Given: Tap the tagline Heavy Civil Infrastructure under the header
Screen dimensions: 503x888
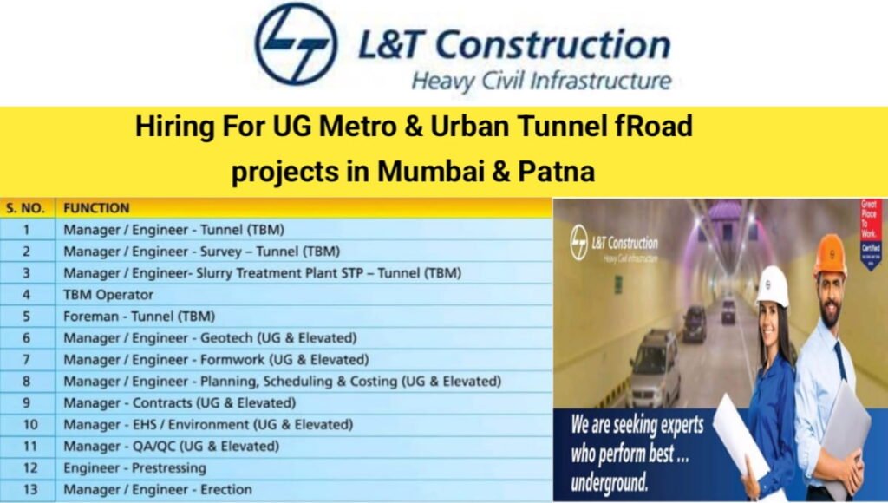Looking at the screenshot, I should (541, 82).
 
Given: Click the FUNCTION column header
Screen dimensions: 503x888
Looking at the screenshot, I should (96, 208).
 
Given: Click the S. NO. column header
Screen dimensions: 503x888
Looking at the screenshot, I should (26, 208).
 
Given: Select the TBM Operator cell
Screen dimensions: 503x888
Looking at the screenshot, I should (108, 295).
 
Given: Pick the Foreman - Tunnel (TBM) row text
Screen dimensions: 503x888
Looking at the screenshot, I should (139, 317).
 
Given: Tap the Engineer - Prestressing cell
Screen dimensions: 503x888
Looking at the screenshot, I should (134, 468).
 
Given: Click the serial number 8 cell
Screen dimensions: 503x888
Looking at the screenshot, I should (26, 382).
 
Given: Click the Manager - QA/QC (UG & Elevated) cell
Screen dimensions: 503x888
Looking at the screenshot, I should (171, 447).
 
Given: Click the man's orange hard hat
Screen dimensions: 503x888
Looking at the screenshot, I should (830, 254).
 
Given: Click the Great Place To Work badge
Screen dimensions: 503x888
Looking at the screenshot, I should (869, 234).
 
